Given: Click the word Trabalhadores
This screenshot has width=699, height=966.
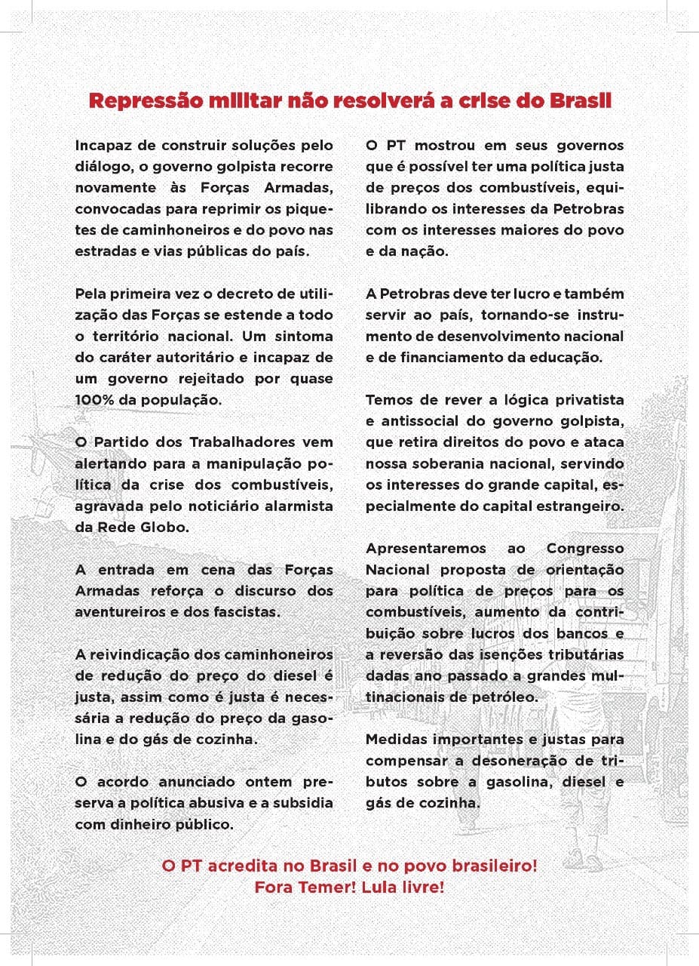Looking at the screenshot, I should [234, 442].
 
